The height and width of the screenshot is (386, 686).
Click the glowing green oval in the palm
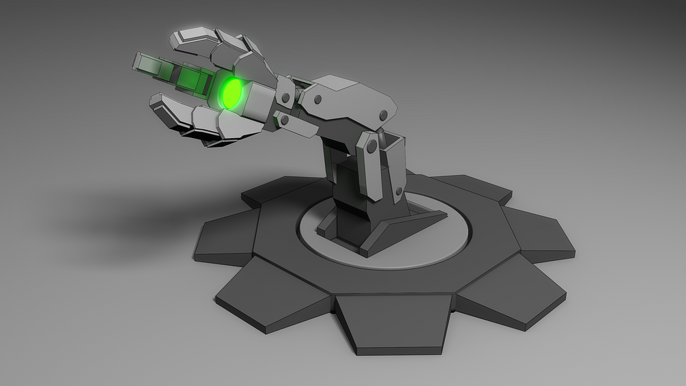coord(232,94)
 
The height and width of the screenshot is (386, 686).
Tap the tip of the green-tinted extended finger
coord(137,62)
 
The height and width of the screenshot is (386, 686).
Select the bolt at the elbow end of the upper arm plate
coord(384,114)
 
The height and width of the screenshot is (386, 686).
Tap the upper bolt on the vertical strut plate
coord(371,146)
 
